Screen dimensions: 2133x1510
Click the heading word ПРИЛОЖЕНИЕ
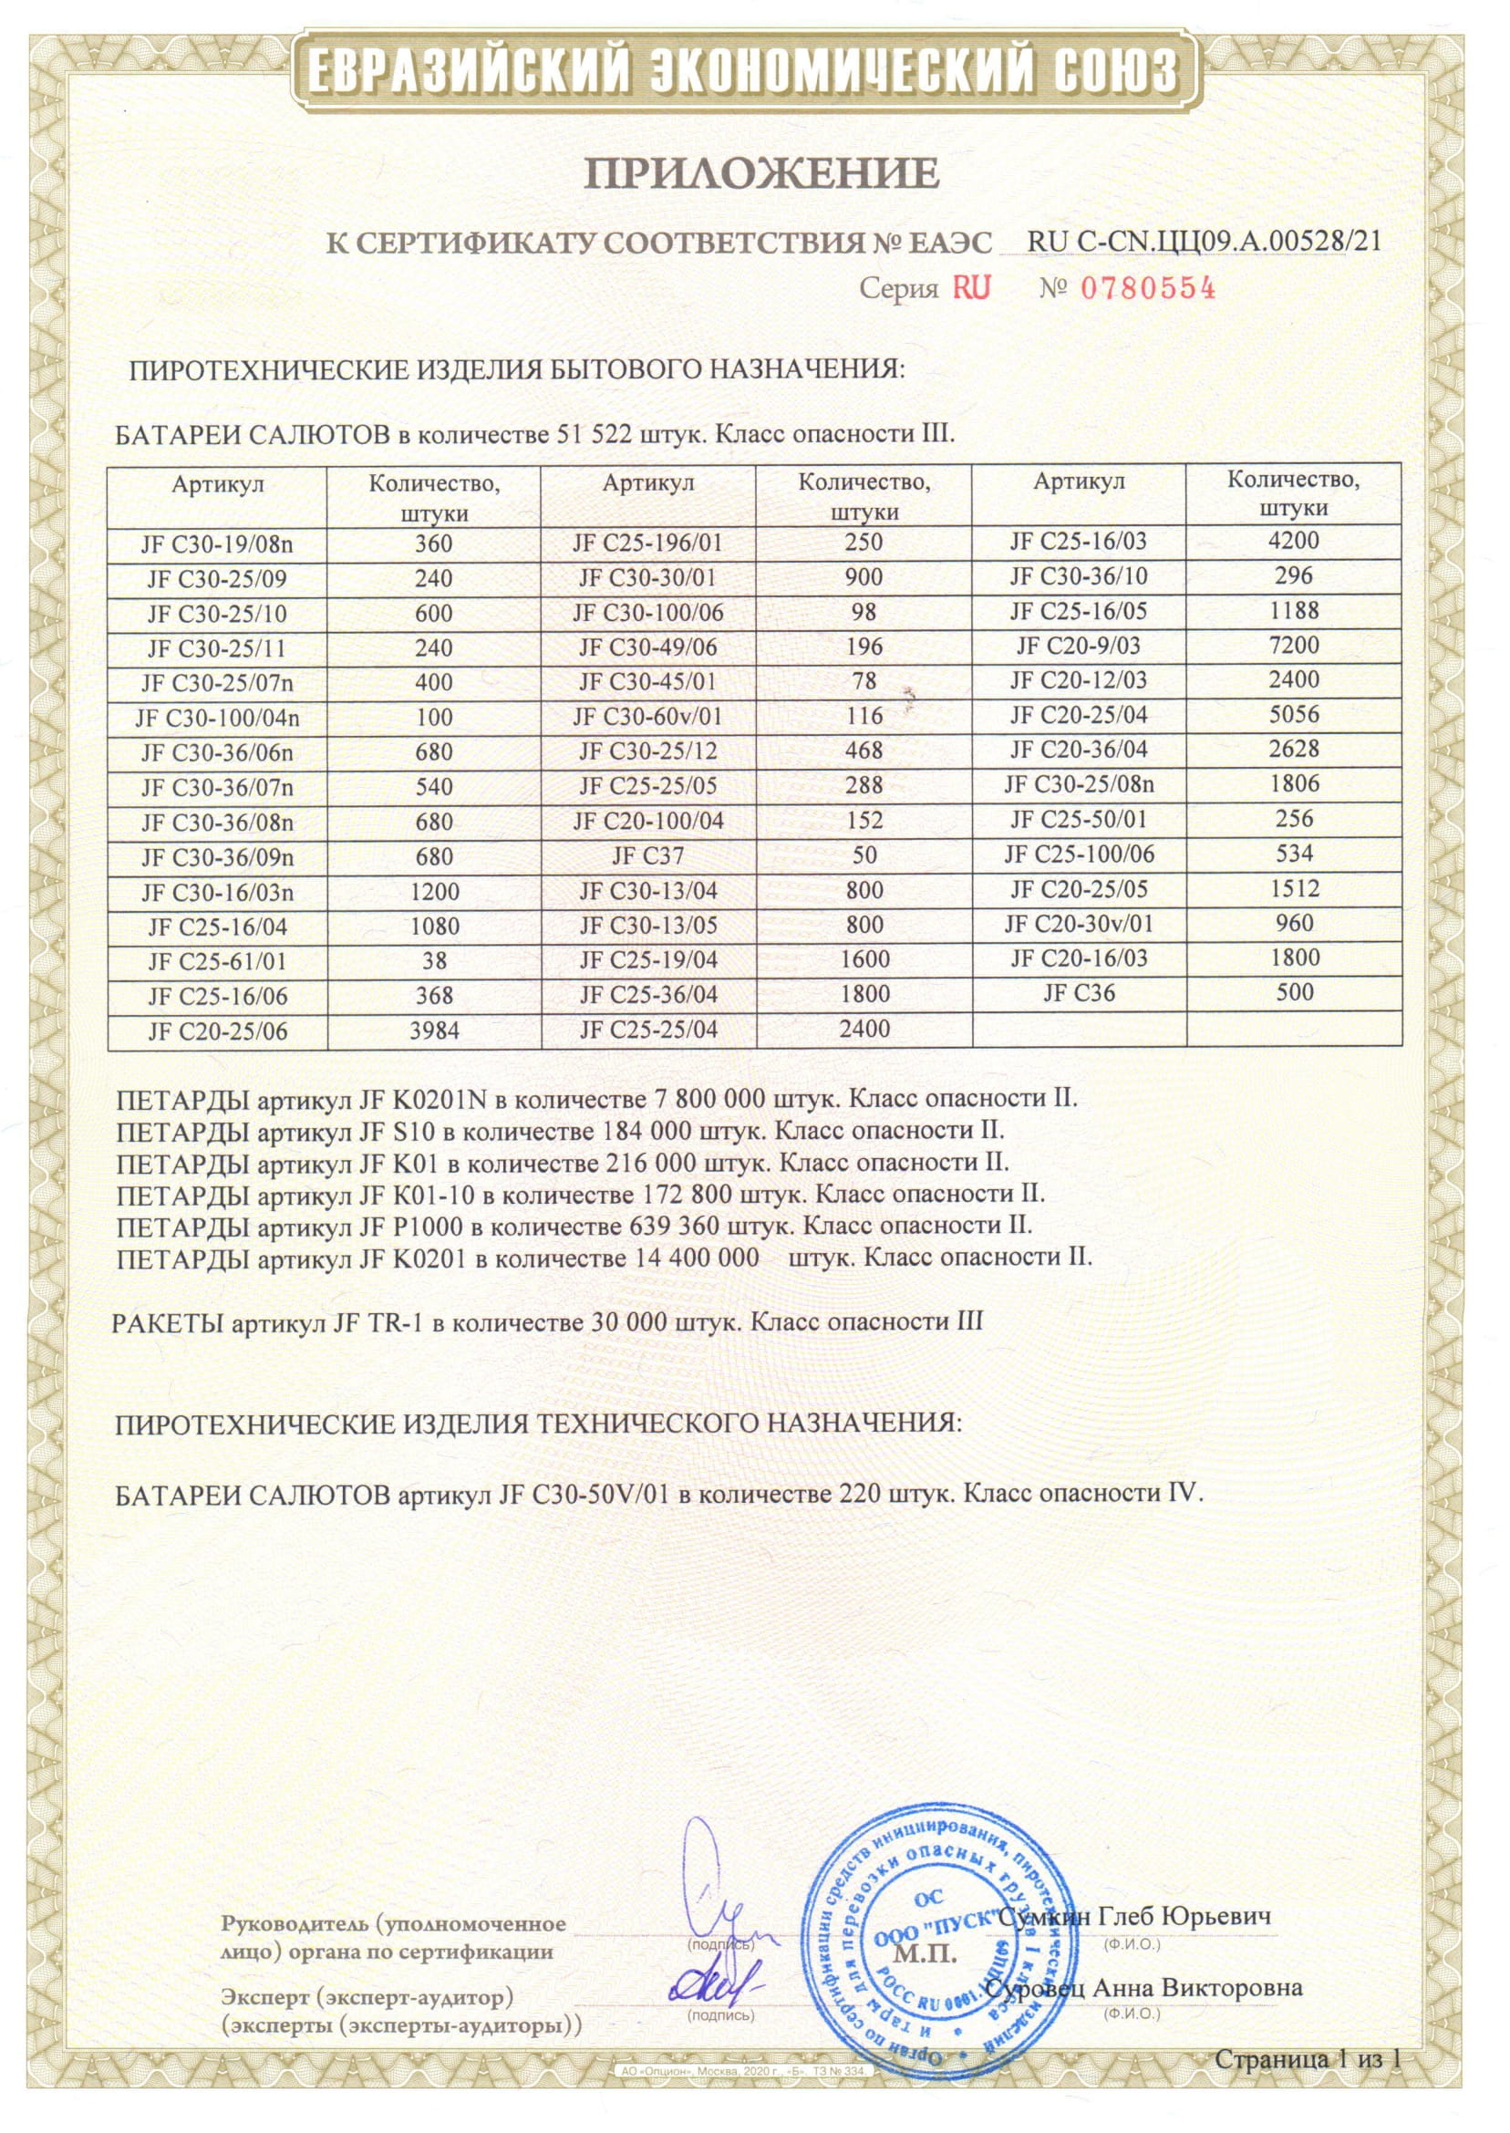tap(760, 174)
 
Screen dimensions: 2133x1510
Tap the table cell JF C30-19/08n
tap(217, 544)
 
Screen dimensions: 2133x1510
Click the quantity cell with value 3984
tap(434, 1031)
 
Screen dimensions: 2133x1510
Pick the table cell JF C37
tap(648, 855)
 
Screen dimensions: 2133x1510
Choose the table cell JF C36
tap(1079, 993)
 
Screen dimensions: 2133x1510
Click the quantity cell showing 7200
tap(1293, 646)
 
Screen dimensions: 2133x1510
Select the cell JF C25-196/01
tap(648, 543)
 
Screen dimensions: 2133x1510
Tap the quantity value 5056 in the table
tap(1293, 715)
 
